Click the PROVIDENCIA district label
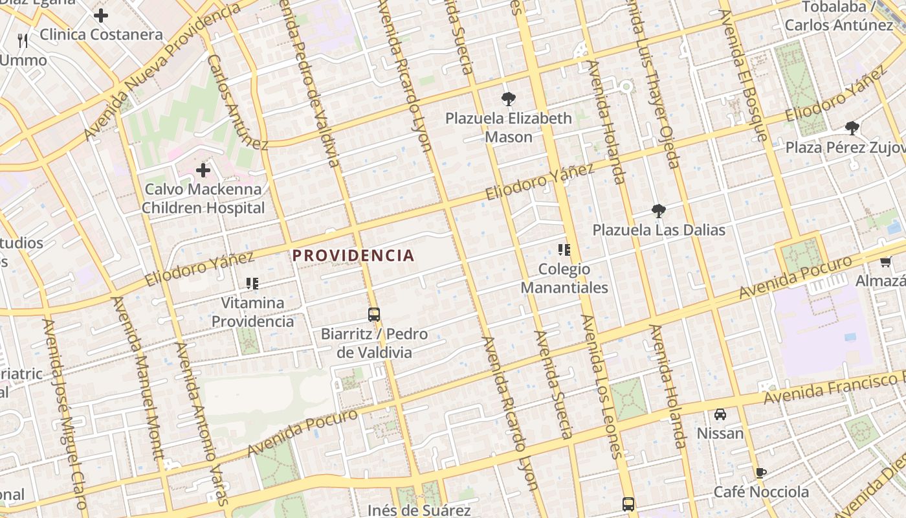(353, 255)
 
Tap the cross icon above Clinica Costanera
(101, 16)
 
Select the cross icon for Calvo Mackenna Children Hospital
(203, 170)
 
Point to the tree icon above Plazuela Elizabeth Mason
(509, 99)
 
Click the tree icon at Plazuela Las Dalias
(659, 210)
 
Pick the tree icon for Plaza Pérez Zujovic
(852, 128)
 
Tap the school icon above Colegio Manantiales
(564, 250)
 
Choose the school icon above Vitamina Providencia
(252, 283)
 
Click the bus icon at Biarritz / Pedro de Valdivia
(374, 315)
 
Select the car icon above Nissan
(720, 414)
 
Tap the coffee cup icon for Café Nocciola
(761, 473)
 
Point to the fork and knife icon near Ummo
(23, 41)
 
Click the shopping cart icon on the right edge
(885, 262)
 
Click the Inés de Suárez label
(419, 510)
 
